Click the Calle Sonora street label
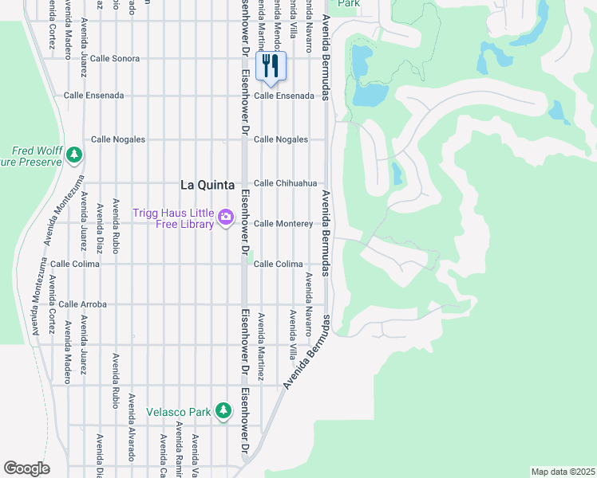pyautogui.click(x=114, y=59)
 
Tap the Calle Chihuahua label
pyautogui.click(x=285, y=183)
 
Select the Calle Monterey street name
pyautogui.click(x=283, y=224)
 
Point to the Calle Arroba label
pyautogui.click(x=82, y=304)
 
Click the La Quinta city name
pyautogui.click(x=208, y=185)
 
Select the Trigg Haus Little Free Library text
pyautogui.click(x=173, y=217)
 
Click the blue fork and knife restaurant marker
pyautogui.click(x=271, y=66)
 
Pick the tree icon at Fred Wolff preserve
pyautogui.click(x=74, y=154)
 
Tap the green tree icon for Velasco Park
pyautogui.click(x=224, y=412)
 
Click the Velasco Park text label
pyautogui.click(x=178, y=412)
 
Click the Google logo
pyautogui.click(x=26, y=468)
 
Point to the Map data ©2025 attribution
pyautogui.click(x=563, y=471)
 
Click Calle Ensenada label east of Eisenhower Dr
pyautogui.click(x=284, y=96)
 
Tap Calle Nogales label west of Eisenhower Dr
pyautogui.click(x=118, y=139)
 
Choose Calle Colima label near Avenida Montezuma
pyautogui.click(x=75, y=264)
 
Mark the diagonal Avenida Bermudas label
pyautogui.click(x=306, y=352)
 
